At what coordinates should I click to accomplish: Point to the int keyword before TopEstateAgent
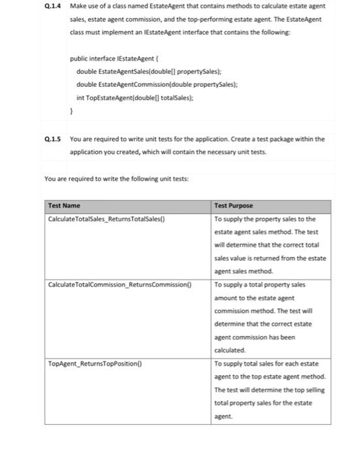coord(80,97)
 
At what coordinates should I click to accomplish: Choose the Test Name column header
coord(64,206)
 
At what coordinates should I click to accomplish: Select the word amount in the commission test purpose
coord(229,297)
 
